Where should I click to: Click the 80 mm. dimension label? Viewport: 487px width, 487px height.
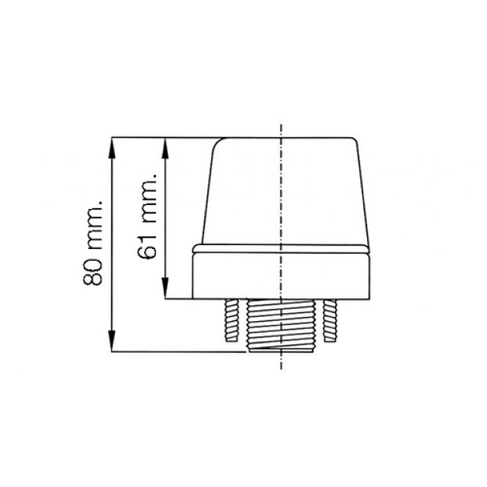click(93, 243)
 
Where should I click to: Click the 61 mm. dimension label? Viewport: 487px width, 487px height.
click(146, 216)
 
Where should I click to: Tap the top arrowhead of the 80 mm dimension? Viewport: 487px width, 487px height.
click(112, 148)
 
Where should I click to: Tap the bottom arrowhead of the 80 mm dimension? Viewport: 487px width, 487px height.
click(112, 341)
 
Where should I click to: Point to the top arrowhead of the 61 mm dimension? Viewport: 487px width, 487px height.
click(165, 148)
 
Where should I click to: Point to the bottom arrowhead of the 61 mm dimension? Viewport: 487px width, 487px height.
click(165, 288)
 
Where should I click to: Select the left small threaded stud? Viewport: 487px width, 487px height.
click(232, 320)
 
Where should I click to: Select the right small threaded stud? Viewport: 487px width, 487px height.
click(330, 320)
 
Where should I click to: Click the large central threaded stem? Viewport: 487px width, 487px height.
click(281, 325)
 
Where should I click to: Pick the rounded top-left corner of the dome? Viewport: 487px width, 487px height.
click(217, 142)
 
